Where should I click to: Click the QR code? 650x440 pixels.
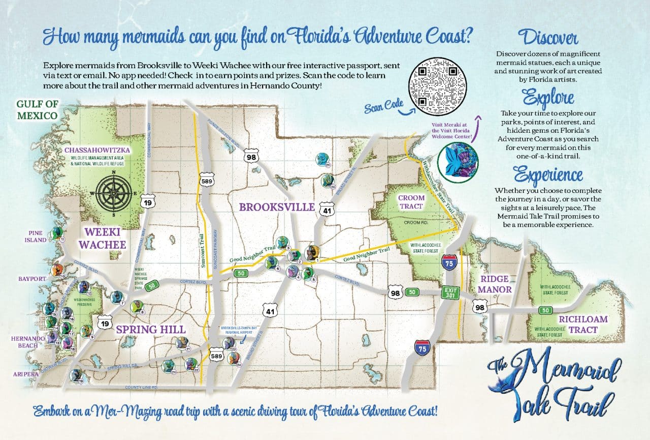pos(437,85)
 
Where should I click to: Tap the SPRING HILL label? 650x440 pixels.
pos(144,329)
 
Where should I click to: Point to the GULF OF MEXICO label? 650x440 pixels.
pos(37,110)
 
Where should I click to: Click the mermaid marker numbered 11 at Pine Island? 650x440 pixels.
pos(56,234)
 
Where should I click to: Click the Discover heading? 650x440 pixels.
pos(548,38)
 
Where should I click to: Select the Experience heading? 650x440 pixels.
pos(548,174)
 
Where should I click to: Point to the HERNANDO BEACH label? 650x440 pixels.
pos(25,342)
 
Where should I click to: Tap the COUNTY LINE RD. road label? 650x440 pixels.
pos(142,388)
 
